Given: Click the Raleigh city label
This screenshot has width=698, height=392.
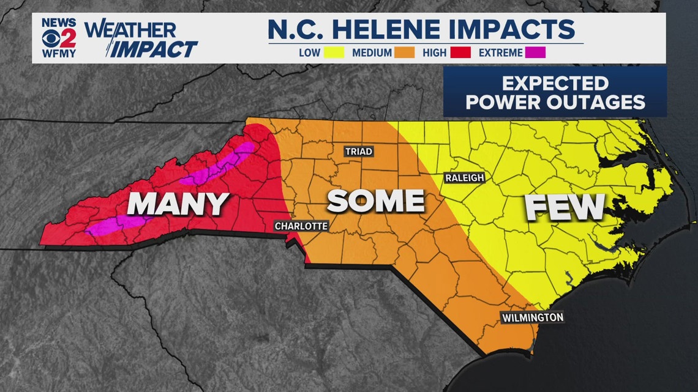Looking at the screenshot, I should pos(464,178).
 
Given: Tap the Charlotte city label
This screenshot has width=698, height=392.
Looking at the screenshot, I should pos(301,226).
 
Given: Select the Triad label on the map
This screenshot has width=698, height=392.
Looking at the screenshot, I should pos(358,151).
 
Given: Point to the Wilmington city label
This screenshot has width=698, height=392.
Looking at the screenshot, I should pos(532,317).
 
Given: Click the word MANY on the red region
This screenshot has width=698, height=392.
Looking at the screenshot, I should pos(178,204).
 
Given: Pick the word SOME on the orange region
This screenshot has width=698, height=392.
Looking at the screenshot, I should pos(376,201).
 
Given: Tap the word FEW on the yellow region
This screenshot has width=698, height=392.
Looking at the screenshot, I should pos(565,207).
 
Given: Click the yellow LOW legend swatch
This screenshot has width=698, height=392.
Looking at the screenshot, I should pos(333,53).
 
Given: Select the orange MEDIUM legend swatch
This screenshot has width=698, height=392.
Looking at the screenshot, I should pos(405,53).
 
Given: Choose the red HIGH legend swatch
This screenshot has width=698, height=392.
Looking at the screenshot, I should pos(460,53).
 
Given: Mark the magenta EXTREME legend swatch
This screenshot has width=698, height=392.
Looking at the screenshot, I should pos(536,53).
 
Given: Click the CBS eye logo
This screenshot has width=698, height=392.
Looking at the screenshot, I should pos(50,38).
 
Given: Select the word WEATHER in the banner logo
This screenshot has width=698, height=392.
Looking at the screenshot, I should pos(130,29).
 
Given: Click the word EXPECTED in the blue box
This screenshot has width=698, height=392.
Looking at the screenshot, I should pos(555,83).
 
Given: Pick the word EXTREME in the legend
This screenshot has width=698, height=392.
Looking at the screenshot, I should pos(501,53).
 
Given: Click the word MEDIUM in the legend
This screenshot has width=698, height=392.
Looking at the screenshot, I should pos(372,53).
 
